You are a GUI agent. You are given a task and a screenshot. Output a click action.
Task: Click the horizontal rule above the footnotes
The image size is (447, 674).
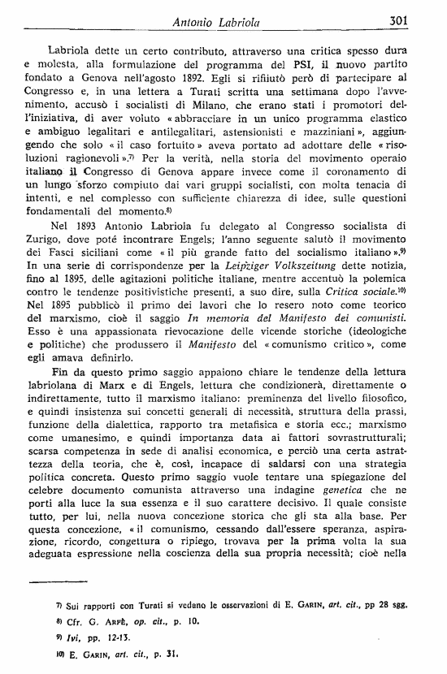pos(72,582)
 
